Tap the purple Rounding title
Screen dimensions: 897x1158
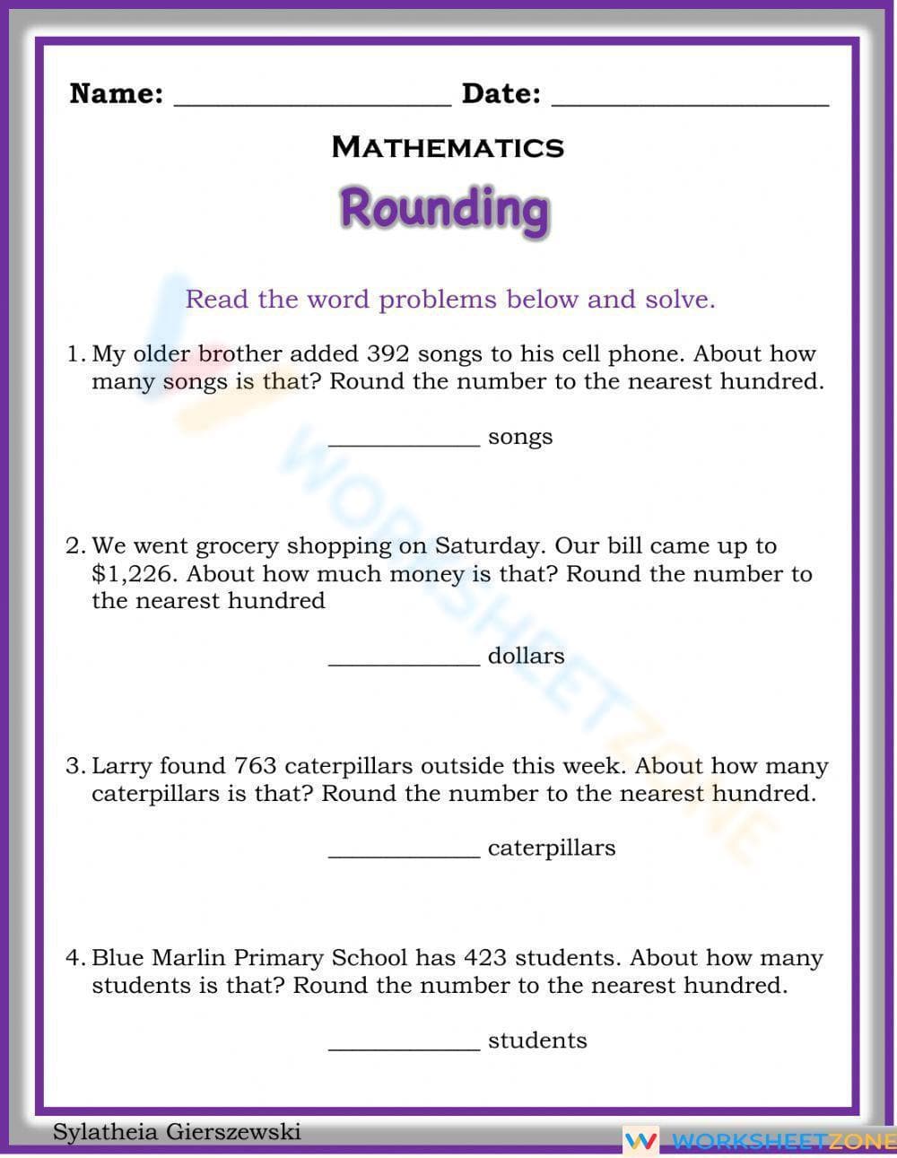point(444,209)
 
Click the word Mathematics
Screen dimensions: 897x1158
point(448,147)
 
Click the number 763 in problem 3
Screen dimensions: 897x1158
point(255,766)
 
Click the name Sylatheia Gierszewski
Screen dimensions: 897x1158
point(177,1132)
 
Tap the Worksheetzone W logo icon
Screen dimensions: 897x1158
point(641,1141)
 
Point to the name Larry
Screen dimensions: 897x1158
point(122,766)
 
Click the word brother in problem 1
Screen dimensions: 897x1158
point(239,354)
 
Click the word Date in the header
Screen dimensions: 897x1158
point(501,93)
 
